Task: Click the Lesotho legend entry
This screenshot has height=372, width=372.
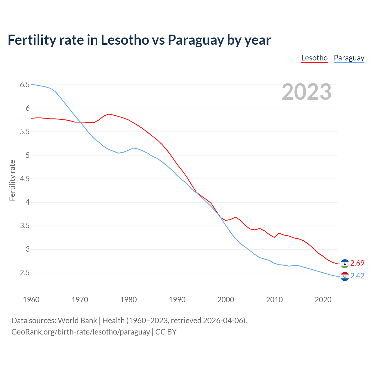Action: pyautogui.click(x=314, y=58)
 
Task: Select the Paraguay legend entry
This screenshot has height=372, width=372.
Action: pyautogui.click(x=349, y=58)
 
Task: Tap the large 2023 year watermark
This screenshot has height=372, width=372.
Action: pyautogui.click(x=306, y=92)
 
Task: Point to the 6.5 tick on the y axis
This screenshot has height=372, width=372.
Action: pyautogui.click(x=25, y=85)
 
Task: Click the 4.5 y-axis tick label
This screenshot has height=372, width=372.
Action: pyautogui.click(x=25, y=179)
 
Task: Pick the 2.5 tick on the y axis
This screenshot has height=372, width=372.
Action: pyautogui.click(x=25, y=273)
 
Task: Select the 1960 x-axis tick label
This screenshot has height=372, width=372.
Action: pyautogui.click(x=31, y=300)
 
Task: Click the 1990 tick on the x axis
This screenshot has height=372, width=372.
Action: pyautogui.click(x=177, y=300)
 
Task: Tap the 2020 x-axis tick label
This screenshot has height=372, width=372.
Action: pyautogui.click(x=323, y=300)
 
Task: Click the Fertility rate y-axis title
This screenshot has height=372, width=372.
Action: pyautogui.click(x=12, y=180)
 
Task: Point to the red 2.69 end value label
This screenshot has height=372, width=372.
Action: pyautogui.click(x=357, y=263)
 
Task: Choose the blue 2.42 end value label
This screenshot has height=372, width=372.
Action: pyautogui.click(x=357, y=276)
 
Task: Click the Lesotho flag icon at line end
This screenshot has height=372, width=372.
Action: pyautogui.click(x=345, y=263)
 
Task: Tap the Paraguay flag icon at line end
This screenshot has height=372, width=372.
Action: pyautogui.click(x=345, y=276)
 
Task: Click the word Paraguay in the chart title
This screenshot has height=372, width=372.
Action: pyautogui.click(x=195, y=40)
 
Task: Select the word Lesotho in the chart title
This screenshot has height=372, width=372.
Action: pyautogui.click(x=125, y=40)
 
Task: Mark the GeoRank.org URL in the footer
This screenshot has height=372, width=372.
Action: pyautogui.click(x=81, y=332)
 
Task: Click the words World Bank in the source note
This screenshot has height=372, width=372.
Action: pyautogui.click(x=77, y=320)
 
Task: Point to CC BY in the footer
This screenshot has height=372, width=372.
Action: pyautogui.click(x=166, y=332)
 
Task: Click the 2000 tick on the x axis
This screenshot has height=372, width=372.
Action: pyautogui.click(x=226, y=300)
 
